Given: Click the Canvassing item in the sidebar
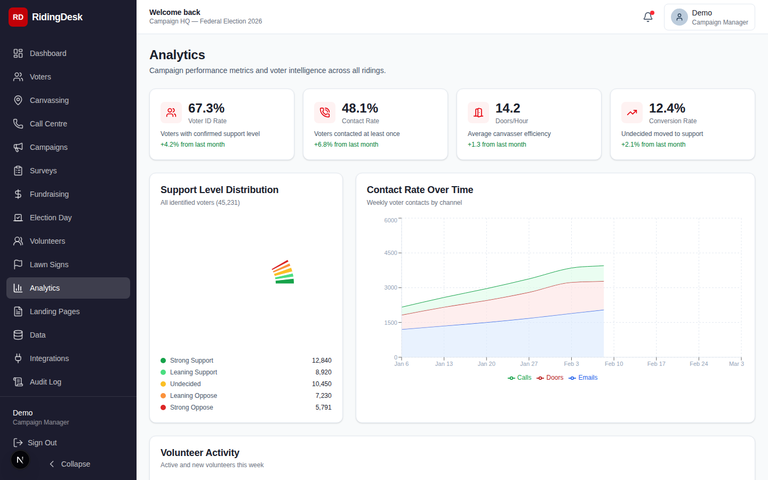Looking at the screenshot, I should pyautogui.click(x=49, y=100).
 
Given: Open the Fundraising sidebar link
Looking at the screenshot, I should pyautogui.click(x=49, y=194).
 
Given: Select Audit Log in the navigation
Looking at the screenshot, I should pyautogui.click(x=45, y=382).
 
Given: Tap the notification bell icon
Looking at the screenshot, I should pyautogui.click(x=648, y=17).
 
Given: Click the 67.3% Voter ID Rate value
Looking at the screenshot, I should pyautogui.click(x=206, y=108).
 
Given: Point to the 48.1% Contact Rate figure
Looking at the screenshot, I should pyautogui.click(x=359, y=108).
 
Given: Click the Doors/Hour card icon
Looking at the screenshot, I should pyautogui.click(x=478, y=113).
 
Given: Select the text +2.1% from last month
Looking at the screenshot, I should pyautogui.click(x=653, y=145).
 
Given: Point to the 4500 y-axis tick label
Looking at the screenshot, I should pyautogui.click(x=390, y=253).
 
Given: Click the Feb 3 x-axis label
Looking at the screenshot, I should pyautogui.click(x=571, y=364).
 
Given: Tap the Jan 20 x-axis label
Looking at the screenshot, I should pyautogui.click(x=486, y=364).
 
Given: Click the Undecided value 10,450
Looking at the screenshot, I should pyautogui.click(x=322, y=384).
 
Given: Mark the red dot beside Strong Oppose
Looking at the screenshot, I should pyautogui.click(x=163, y=407).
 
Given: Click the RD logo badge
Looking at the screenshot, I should pyautogui.click(x=18, y=17).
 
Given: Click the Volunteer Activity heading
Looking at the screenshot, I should pyautogui.click(x=199, y=453).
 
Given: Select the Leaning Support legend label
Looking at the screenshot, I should pyautogui.click(x=193, y=372).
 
